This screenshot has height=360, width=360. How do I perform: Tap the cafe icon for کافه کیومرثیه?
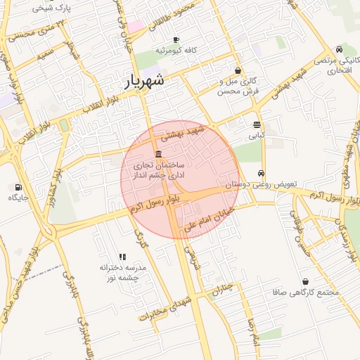pyautogui.click(x=176, y=39)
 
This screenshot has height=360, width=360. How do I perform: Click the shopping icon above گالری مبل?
pyautogui.click(x=238, y=70)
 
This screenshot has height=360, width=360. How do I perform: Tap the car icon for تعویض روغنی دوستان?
pyautogui.click(x=261, y=173)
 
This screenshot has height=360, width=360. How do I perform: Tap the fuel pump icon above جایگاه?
pyautogui.click(x=18, y=187)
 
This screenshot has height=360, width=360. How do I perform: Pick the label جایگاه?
pyautogui.click(x=18, y=198)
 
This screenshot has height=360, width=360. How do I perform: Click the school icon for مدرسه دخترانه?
pyautogui.click(x=122, y=257)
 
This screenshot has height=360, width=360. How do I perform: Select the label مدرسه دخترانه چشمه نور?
pyautogui.click(x=123, y=272)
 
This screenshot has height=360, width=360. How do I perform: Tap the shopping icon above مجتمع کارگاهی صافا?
pyautogui.click(x=305, y=281)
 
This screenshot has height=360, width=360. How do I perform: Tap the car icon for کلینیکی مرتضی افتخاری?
pyautogui.click(x=340, y=50)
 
